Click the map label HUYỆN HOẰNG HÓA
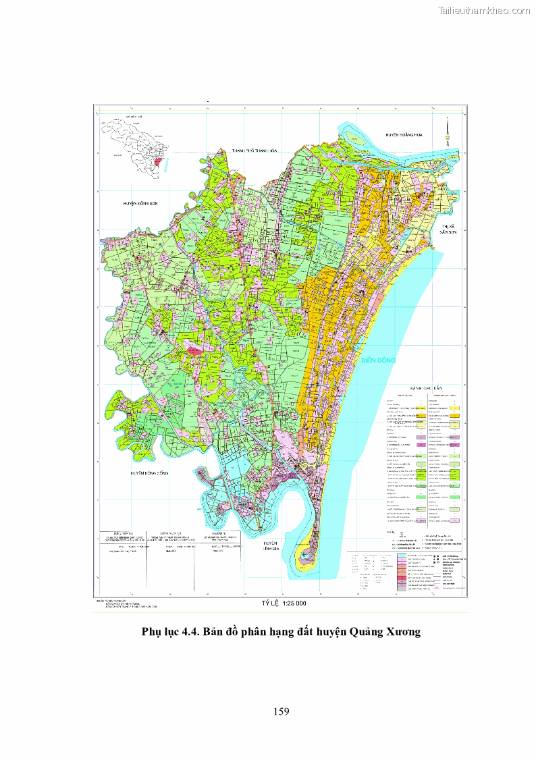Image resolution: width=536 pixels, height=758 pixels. point(407,135)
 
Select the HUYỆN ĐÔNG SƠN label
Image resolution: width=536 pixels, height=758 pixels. point(140,202)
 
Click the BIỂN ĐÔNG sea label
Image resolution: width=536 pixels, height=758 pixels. point(378,360)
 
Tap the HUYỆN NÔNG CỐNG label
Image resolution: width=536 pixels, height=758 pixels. point(149,474)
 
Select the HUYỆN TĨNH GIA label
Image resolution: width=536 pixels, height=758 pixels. point(271,547)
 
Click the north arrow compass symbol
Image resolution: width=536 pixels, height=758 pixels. point(448,130)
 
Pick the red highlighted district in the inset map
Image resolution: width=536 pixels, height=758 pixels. point(159,164)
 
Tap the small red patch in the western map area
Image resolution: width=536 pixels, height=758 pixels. point(194,350)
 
